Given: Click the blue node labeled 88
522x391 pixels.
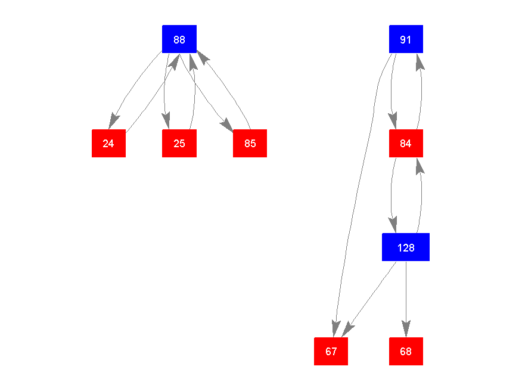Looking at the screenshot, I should click(x=179, y=39).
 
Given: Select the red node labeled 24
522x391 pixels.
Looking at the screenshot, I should click(x=108, y=143).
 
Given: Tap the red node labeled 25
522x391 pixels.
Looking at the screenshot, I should click(x=179, y=143).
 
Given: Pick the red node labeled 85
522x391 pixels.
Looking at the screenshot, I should click(x=250, y=143).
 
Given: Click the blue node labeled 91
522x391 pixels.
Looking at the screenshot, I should click(x=406, y=39).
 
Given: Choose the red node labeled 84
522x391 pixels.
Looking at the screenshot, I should click(x=406, y=143).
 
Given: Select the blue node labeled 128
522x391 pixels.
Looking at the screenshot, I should click(x=406, y=247).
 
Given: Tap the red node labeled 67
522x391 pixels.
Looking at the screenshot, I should click(x=331, y=351).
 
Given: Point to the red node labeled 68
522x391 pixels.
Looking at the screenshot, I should click(x=406, y=351).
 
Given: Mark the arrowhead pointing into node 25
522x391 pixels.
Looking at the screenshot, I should click(x=167, y=122).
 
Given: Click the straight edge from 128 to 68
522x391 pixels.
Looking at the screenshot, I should click(x=406, y=292).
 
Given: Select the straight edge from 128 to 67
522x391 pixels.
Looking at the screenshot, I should click(x=372, y=295).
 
